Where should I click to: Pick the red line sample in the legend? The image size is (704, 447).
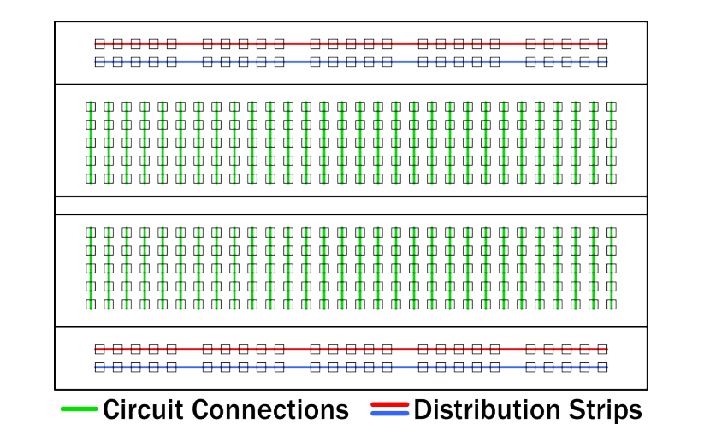pyautogui.click(x=390, y=404)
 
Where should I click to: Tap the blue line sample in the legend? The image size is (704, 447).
pyautogui.click(x=390, y=414)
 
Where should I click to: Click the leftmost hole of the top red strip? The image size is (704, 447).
pyautogui.click(x=99, y=44)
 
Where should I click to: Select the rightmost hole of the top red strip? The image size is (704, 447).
pyautogui.click(x=602, y=44)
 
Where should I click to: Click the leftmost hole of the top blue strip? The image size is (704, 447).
pyautogui.click(x=99, y=62)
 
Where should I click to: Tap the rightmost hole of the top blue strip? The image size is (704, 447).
pyautogui.click(x=602, y=62)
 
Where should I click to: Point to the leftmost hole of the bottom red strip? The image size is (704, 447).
pyautogui.click(x=99, y=349)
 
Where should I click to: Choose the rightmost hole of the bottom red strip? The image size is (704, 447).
pyautogui.click(x=602, y=349)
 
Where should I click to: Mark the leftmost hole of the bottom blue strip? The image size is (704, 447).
pyautogui.click(x=99, y=367)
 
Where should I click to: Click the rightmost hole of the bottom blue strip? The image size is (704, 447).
pyautogui.click(x=602, y=367)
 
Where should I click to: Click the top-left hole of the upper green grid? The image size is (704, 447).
pyautogui.click(x=91, y=107)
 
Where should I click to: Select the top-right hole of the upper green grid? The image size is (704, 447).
pyautogui.click(x=612, y=107)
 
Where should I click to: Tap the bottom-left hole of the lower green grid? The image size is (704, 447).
pyautogui.click(x=91, y=303)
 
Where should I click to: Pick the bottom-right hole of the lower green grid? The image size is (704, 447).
pyautogui.click(x=612, y=303)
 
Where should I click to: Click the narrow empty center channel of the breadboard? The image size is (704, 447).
pyautogui.click(x=351, y=206)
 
